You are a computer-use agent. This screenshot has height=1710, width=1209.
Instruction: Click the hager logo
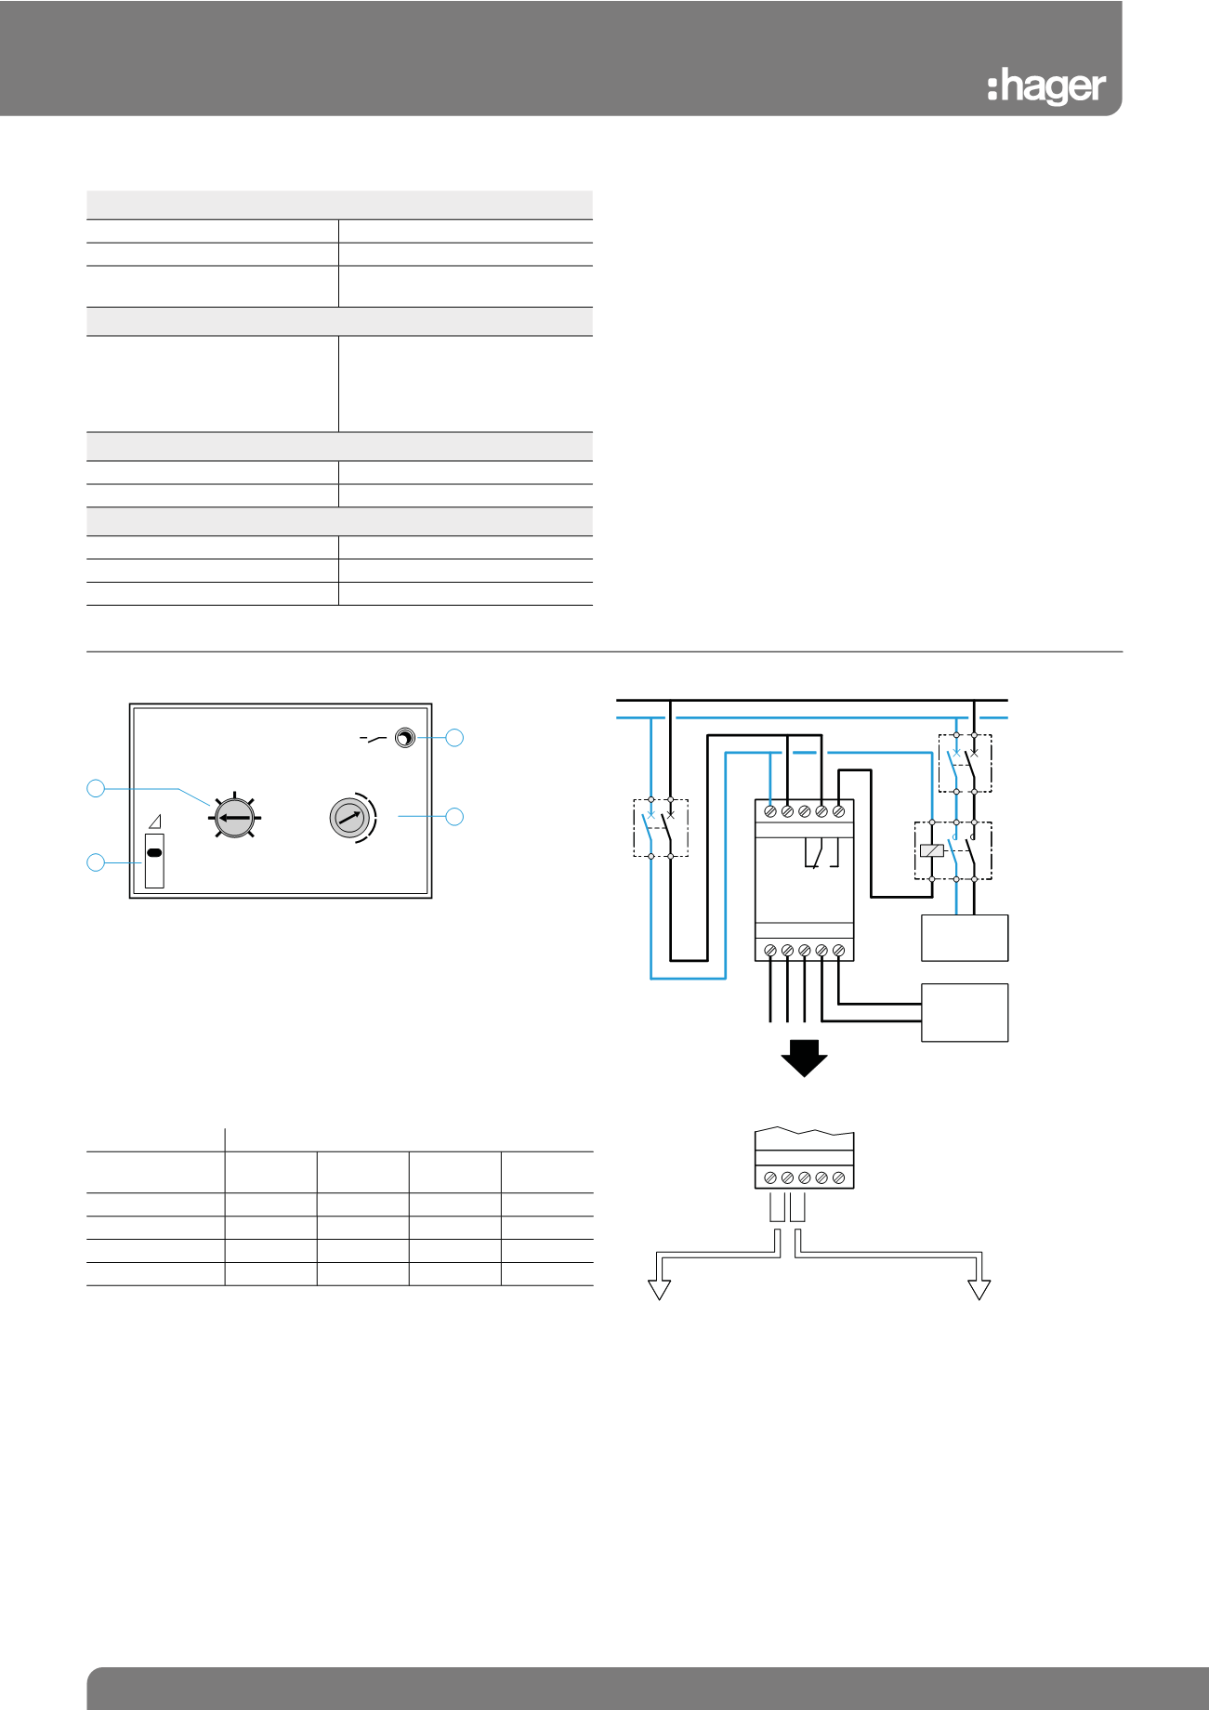[1046, 87]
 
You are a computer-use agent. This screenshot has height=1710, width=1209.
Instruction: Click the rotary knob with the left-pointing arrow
[234, 818]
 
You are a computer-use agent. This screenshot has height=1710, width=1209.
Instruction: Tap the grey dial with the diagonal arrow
[349, 818]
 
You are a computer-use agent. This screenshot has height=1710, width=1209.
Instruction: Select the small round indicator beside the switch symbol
[405, 738]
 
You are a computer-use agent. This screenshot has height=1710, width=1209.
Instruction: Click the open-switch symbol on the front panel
[373, 739]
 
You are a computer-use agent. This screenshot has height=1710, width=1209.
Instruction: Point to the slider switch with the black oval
[154, 861]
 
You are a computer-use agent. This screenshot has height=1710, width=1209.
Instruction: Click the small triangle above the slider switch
[155, 822]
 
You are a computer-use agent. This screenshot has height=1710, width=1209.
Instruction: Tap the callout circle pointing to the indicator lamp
[454, 738]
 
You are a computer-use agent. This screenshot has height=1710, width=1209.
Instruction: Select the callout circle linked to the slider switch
[96, 862]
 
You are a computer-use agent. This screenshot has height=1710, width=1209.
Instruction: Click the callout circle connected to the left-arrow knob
[96, 788]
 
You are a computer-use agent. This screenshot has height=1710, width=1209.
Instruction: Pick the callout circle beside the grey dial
[454, 817]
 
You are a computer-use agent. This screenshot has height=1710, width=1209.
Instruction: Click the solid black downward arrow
[804, 1058]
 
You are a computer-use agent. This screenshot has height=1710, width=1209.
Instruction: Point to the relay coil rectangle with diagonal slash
[931, 850]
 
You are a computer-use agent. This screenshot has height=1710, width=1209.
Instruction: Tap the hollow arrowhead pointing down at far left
[659, 1289]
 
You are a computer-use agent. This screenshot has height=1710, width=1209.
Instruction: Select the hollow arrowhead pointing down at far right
[979, 1289]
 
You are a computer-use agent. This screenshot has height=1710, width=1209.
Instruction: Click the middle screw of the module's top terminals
[805, 811]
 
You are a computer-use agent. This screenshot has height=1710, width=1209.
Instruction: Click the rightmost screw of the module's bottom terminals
[838, 950]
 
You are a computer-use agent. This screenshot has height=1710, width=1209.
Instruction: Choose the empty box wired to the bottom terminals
[965, 1013]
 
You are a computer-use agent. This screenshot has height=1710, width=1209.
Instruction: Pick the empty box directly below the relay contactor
[965, 938]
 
